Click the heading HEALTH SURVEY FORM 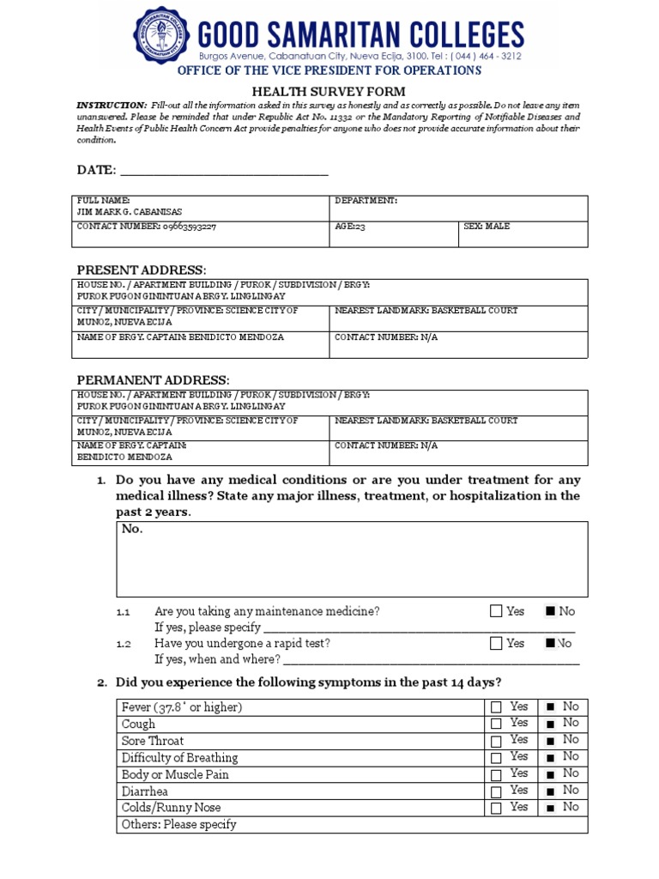pos(329,92)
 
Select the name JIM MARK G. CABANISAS pos(130,212)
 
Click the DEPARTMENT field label pos(366,200)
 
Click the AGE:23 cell pos(348,227)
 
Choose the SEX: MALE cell pos(487,227)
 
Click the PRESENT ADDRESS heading pos(142,270)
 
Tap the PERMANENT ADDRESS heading pos(153,379)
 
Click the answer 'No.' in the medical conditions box pos(132,529)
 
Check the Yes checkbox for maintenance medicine pos(496,612)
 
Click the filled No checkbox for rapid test pos(551,643)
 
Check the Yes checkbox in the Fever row pos(496,707)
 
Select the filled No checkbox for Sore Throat pos(549,741)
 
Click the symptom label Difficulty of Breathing pos(179,758)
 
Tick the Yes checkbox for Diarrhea pos(496,791)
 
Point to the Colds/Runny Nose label pos(171,808)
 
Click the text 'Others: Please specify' pos(178,825)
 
